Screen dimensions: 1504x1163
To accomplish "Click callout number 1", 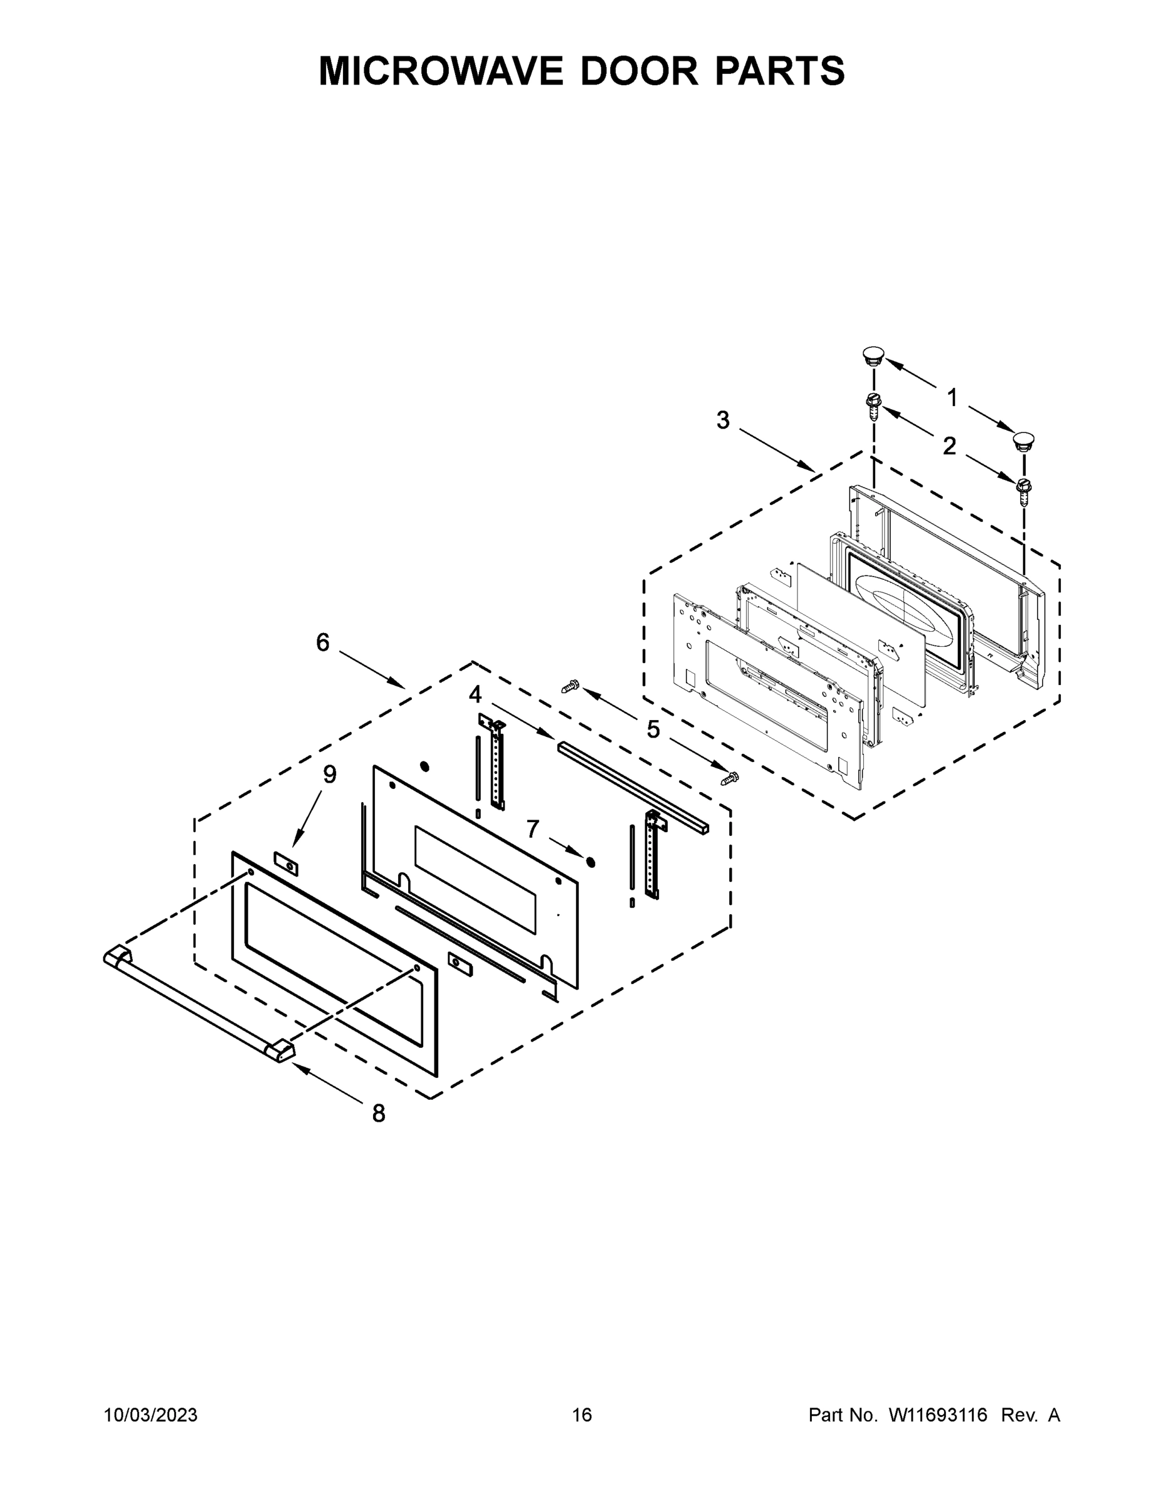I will [x=952, y=397].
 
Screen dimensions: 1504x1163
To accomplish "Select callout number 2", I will [x=949, y=446].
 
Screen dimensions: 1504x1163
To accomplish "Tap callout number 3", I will [x=723, y=420].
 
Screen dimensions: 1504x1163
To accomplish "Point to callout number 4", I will [x=475, y=694].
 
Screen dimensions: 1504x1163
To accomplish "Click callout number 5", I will [x=653, y=729].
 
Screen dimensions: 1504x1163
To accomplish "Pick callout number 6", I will [x=322, y=642].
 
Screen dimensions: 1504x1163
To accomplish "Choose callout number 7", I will [x=532, y=829].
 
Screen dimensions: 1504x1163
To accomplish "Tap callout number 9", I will [x=330, y=775].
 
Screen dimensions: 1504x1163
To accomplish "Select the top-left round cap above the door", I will [x=873, y=357].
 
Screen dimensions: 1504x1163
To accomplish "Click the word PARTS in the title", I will [x=779, y=71].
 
